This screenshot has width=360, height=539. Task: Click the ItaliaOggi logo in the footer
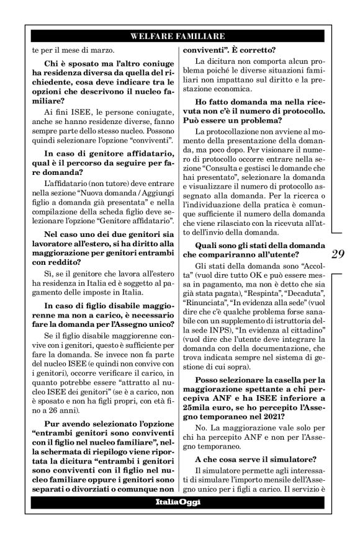(x=178, y=502)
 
